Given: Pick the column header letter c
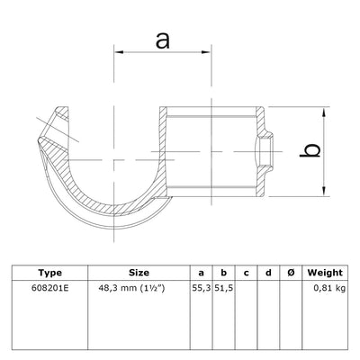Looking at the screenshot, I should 246,272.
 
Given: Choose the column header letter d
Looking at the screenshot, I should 267,272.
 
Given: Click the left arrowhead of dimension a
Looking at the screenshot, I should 119,55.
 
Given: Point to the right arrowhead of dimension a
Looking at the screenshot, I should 206,55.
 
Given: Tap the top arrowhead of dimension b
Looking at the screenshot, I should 322,112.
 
